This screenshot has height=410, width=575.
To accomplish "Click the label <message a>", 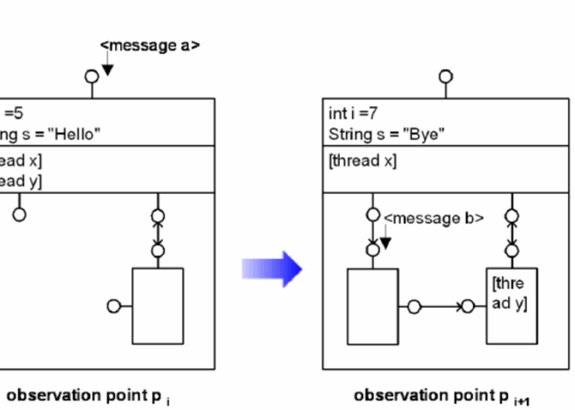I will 150,45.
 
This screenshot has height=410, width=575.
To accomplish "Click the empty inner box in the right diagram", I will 372,305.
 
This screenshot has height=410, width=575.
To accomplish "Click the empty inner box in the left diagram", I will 158,305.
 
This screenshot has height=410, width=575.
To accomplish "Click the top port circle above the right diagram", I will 447,76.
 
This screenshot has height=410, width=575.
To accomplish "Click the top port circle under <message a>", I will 91,76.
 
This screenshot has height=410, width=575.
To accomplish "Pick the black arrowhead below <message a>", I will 107,68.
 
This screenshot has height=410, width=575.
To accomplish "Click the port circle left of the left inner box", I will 112,306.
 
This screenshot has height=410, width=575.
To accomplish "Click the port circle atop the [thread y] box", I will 511,250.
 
